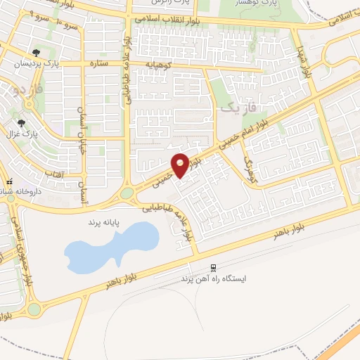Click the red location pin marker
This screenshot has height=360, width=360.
[180, 165]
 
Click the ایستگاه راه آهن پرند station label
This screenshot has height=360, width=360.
[217, 278]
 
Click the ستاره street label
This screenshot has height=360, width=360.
[97, 64]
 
